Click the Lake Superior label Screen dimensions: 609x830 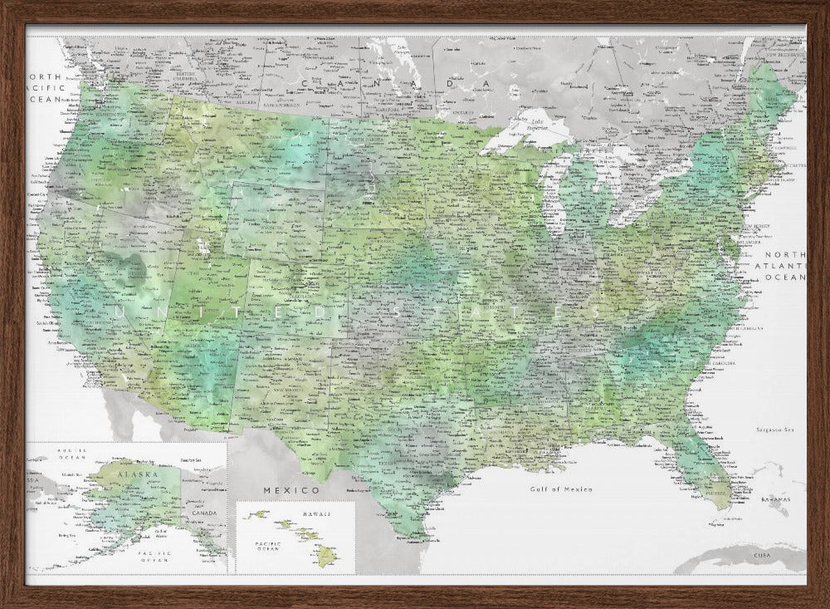(531, 123)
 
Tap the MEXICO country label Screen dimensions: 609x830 (280, 490)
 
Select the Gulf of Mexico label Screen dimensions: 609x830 (563, 489)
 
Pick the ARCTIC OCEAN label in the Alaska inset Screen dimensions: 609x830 (72, 454)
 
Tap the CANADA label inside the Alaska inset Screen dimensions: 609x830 (203, 513)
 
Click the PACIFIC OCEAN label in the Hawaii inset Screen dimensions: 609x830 (268, 548)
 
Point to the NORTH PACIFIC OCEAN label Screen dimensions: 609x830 (43, 86)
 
